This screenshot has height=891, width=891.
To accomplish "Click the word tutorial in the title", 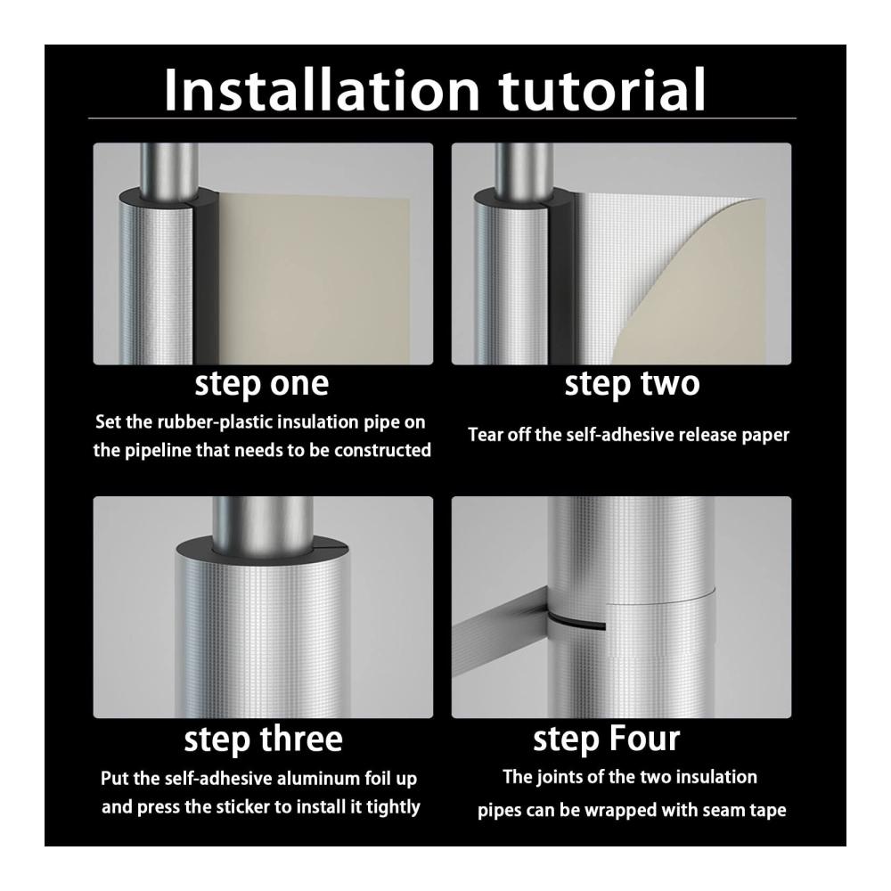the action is [601, 89].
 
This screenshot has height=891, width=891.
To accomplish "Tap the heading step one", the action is [262, 384].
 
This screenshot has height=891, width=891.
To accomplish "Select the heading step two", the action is [632, 384].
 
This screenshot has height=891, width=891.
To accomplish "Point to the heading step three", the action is [263, 740].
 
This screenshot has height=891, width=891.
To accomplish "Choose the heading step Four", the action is [606, 740].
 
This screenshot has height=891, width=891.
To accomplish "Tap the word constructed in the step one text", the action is [382, 450].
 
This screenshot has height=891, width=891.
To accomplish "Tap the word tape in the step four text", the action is [769, 810].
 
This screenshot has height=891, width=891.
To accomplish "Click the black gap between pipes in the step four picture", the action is [575, 621].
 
